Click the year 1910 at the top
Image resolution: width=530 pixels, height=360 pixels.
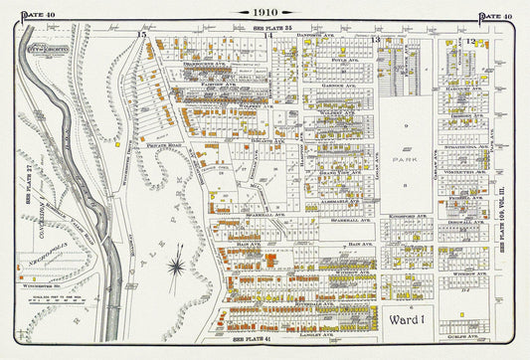click(x=265, y=12)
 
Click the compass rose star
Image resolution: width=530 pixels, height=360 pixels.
click(x=176, y=265)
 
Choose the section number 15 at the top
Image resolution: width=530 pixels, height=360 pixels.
click(x=142, y=36)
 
